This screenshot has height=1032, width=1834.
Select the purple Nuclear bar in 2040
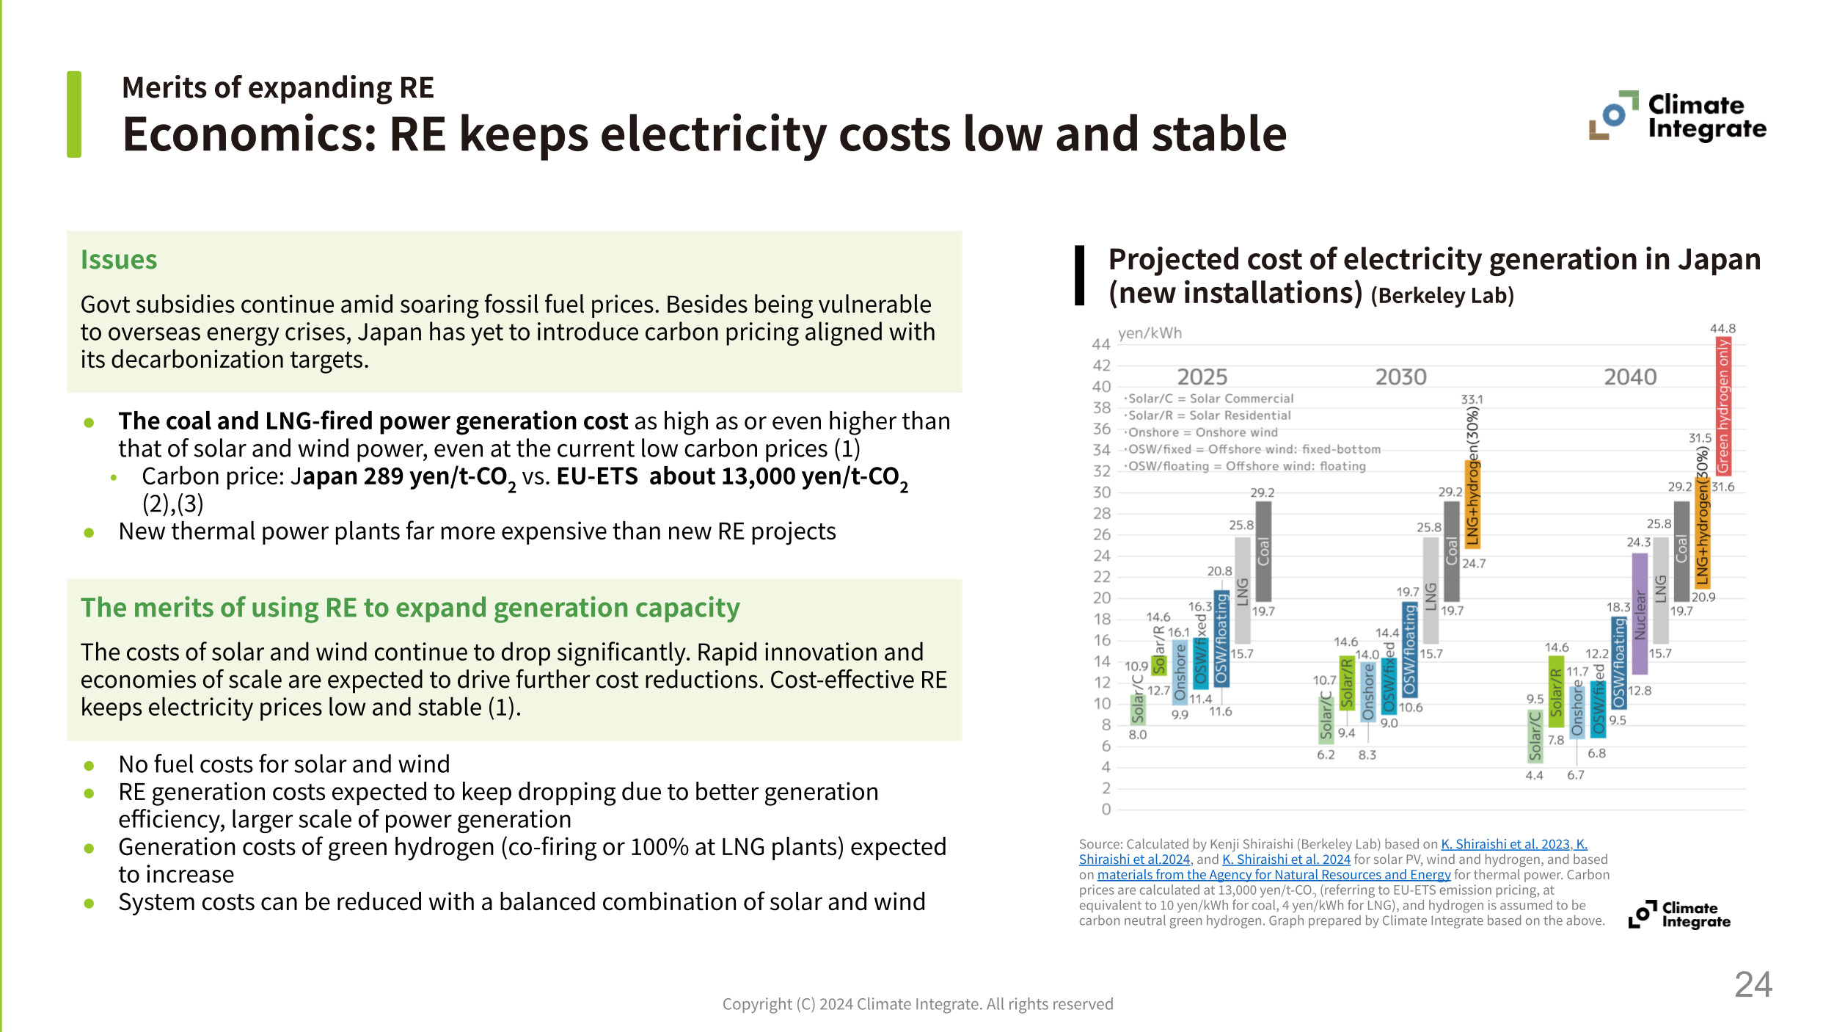(x=1640, y=614)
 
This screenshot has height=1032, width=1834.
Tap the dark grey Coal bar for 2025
(x=1263, y=551)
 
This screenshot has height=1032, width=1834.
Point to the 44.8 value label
(x=1722, y=329)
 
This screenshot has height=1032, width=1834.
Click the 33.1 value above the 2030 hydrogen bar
(x=1472, y=399)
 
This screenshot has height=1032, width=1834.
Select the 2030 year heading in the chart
(x=1400, y=377)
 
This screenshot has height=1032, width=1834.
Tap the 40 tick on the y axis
(x=1101, y=387)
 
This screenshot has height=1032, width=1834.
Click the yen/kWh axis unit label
(x=1150, y=333)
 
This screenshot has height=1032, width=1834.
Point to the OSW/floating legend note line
(x=1246, y=466)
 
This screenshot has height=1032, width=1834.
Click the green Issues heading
(x=119, y=260)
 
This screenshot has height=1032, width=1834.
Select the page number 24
(x=1753, y=984)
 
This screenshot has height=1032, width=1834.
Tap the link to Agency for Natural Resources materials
(x=1274, y=875)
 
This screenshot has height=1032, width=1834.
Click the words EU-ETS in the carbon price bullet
(x=597, y=476)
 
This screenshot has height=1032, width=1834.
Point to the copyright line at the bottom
(x=917, y=1004)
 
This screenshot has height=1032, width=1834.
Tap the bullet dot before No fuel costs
(x=89, y=766)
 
